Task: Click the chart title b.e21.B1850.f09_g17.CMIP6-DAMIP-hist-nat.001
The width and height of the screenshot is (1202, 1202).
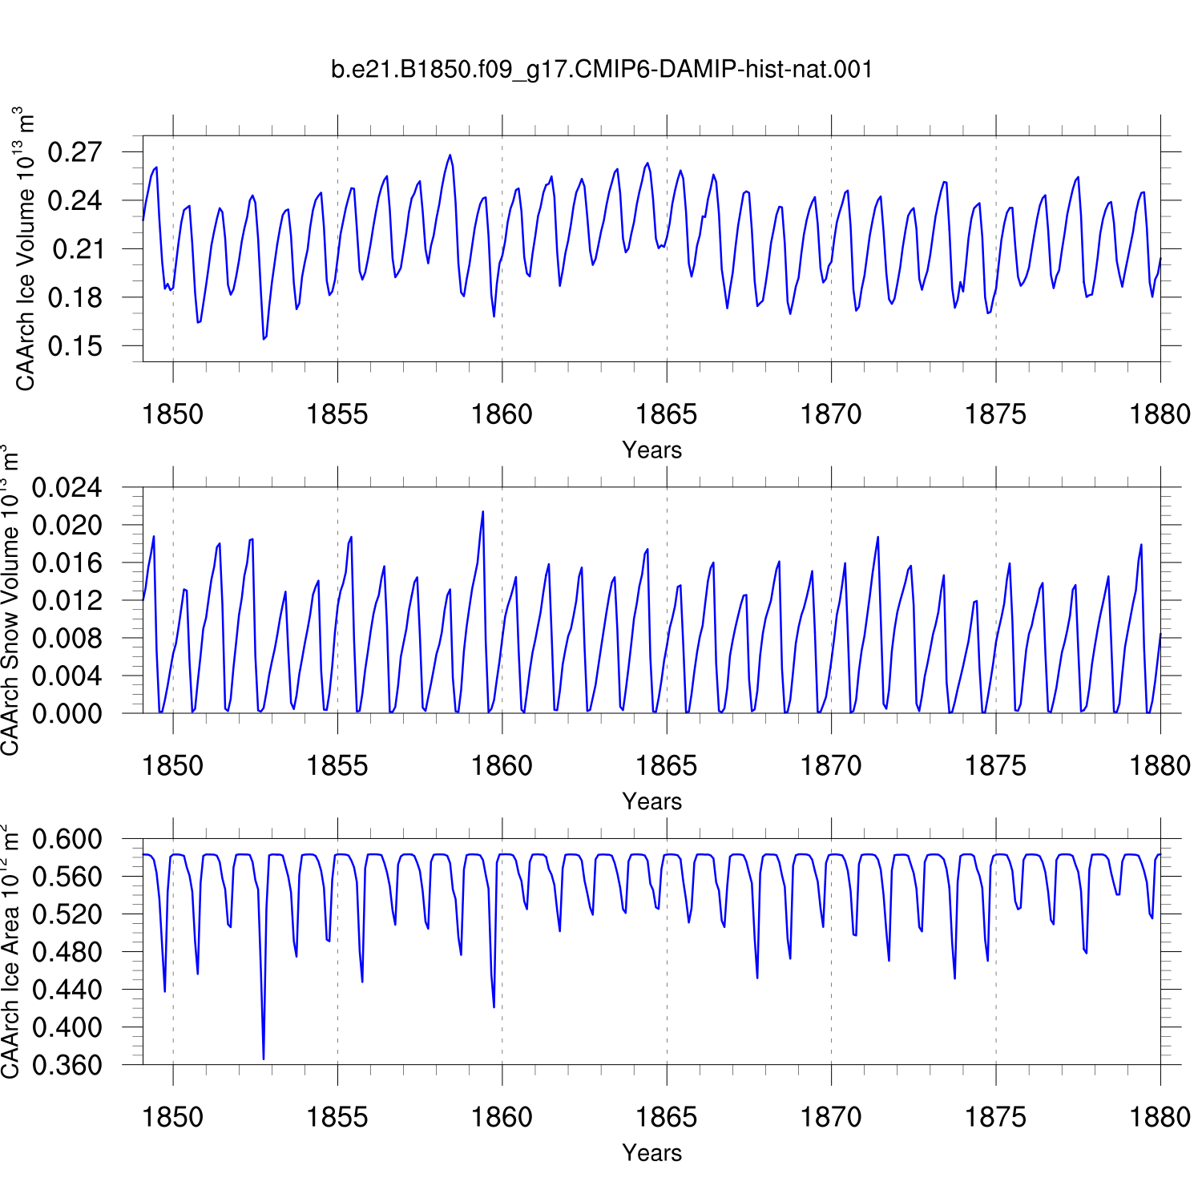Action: pos(602,70)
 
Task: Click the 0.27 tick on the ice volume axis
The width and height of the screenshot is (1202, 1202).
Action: pos(75,152)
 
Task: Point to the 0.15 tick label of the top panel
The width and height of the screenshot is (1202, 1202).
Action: pos(75,346)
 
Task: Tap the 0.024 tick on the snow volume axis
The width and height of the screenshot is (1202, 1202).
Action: pos(67,487)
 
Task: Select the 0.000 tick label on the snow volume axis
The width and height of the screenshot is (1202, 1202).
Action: pos(67,713)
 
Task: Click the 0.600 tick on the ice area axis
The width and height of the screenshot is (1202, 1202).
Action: pos(67,839)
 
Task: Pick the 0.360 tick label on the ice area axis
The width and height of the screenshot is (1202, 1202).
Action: pos(67,1065)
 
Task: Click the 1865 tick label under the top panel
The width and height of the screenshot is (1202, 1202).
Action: pos(667,414)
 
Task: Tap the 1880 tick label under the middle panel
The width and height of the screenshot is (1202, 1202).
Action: pos(1160,766)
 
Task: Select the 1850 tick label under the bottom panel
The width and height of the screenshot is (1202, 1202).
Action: pos(173,1117)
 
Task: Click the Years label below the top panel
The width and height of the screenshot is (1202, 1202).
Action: pos(652,450)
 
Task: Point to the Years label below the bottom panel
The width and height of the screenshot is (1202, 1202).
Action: pos(652,1152)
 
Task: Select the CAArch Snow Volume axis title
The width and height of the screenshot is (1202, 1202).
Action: pos(10,600)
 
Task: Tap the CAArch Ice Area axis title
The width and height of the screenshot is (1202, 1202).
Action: pos(10,951)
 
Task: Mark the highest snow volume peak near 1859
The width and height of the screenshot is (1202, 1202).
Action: pos(482,511)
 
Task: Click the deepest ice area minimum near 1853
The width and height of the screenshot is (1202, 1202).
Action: pos(264,1059)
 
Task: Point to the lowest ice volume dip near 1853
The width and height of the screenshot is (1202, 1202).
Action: pos(264,339)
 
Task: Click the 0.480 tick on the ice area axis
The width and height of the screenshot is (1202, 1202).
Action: pos(67,952)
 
